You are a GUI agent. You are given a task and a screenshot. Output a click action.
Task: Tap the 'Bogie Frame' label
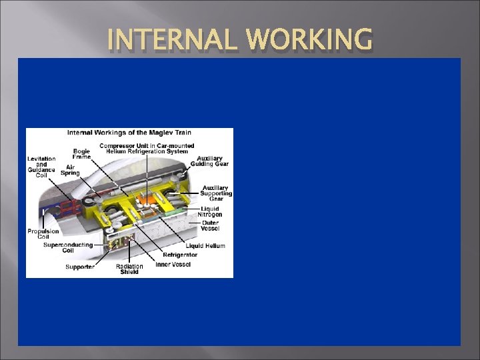pos(81,154)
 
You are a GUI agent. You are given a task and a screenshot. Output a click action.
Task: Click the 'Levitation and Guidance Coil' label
pos(41,165)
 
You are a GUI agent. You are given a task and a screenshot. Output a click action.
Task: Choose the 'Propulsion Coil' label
pos(43,234)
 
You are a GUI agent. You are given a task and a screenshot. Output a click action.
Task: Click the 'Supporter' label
pos(79,267)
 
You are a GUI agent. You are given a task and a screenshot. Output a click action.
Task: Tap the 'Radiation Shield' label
pos(129,270)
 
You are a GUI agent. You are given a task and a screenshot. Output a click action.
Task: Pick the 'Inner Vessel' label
pos(173,265)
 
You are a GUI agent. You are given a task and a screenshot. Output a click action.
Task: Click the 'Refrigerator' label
pos(180,255)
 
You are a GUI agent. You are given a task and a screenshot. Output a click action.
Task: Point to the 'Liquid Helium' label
pos(205,246)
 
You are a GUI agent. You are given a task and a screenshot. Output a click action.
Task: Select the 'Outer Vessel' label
pos(210,225)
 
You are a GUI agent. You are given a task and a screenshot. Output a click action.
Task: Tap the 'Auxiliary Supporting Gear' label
pos(215,192)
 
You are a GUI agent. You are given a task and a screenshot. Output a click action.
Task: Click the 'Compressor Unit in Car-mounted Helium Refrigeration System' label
pos(147,149)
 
